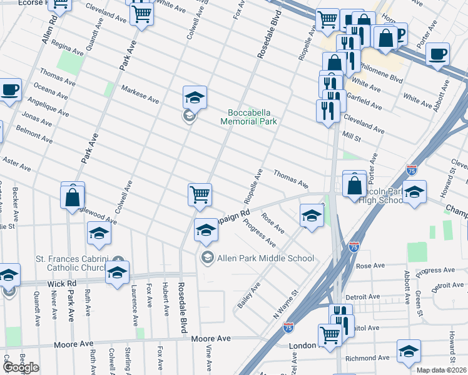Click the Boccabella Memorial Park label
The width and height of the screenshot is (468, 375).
pos(248,117)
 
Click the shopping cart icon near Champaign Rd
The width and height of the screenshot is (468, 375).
pos(200,194)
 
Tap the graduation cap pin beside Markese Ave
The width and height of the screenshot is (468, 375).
pos(195,97)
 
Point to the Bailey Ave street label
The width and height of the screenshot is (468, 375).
pos(248,296)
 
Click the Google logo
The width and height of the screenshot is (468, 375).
pos(21,367)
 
